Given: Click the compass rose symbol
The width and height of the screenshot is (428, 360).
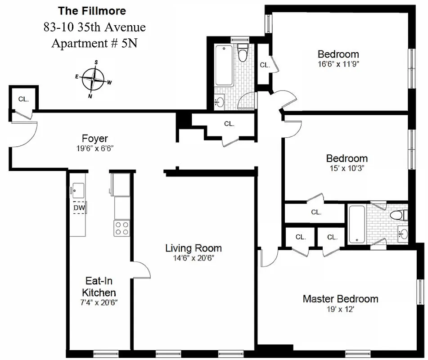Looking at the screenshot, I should click(93, 79).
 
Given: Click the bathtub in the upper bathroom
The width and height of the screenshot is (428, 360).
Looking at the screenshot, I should click(223, 65).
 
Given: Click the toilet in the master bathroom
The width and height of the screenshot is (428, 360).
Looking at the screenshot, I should click(397, 215).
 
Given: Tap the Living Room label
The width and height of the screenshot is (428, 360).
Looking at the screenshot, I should click(193, 248).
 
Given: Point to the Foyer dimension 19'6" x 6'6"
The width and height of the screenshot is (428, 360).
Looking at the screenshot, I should click(95, 148).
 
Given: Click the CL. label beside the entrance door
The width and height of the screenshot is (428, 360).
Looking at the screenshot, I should click(23, 99).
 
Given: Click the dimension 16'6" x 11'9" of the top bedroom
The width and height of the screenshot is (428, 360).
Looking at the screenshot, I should click(338, 64).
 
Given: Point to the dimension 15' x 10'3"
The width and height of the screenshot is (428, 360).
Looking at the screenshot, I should click(347, 168).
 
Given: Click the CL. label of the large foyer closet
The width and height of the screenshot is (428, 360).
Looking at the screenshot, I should click(229, 124).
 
